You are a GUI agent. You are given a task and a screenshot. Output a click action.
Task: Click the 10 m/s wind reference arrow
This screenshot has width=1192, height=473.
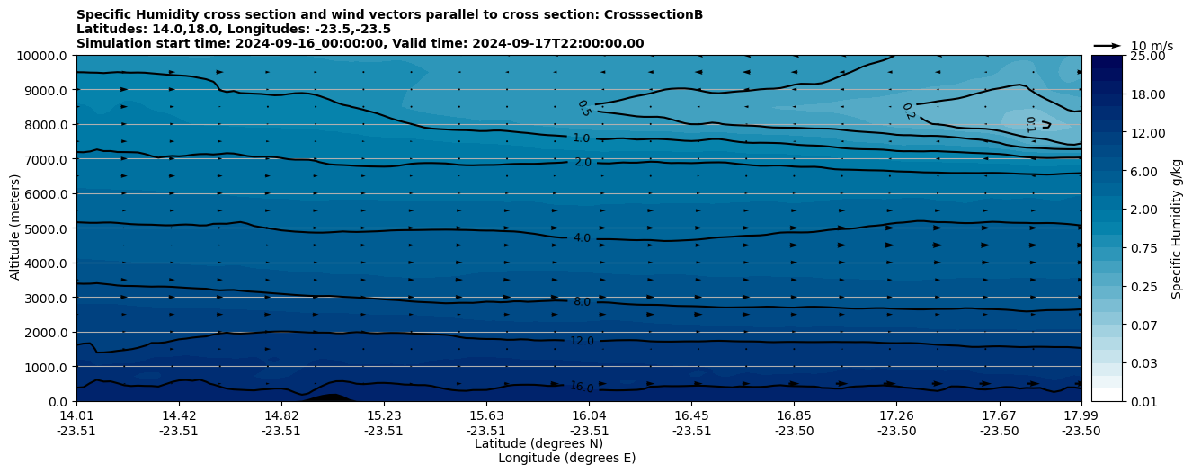click(x=1107, y=46)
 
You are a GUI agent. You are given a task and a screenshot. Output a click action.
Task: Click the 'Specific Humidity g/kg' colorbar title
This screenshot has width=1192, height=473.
click(x=1177, y=228)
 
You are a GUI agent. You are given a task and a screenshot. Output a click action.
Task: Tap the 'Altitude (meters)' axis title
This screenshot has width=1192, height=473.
click(x=15, y=228)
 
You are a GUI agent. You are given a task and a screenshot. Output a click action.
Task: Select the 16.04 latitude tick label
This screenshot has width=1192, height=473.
click(x=589, y=415)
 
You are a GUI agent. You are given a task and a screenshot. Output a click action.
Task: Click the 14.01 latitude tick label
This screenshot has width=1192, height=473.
click(x=76, y=415)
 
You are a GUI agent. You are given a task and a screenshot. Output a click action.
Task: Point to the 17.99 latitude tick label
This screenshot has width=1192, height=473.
click(x=1081, y=415)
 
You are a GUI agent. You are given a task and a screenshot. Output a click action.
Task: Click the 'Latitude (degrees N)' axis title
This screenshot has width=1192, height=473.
click(x=538, y=443)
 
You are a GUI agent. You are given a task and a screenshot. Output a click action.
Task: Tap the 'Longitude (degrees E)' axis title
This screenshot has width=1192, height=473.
click(x=566, y=458)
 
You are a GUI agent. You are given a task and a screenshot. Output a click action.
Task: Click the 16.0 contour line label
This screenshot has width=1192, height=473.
click(x=582, y=387)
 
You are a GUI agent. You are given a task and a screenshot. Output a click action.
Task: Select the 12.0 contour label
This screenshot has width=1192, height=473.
click(x=582, y=341)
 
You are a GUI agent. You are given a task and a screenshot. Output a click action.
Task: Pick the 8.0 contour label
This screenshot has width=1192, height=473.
click(x=582, y=302)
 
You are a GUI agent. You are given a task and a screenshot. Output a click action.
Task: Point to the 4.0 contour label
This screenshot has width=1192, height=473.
click(x=582, y=238)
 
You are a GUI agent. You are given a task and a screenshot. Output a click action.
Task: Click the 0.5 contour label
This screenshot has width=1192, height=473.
click(x=583, y=108)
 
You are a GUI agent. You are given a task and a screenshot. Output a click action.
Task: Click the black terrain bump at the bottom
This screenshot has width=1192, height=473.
click(x=328, y=397)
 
